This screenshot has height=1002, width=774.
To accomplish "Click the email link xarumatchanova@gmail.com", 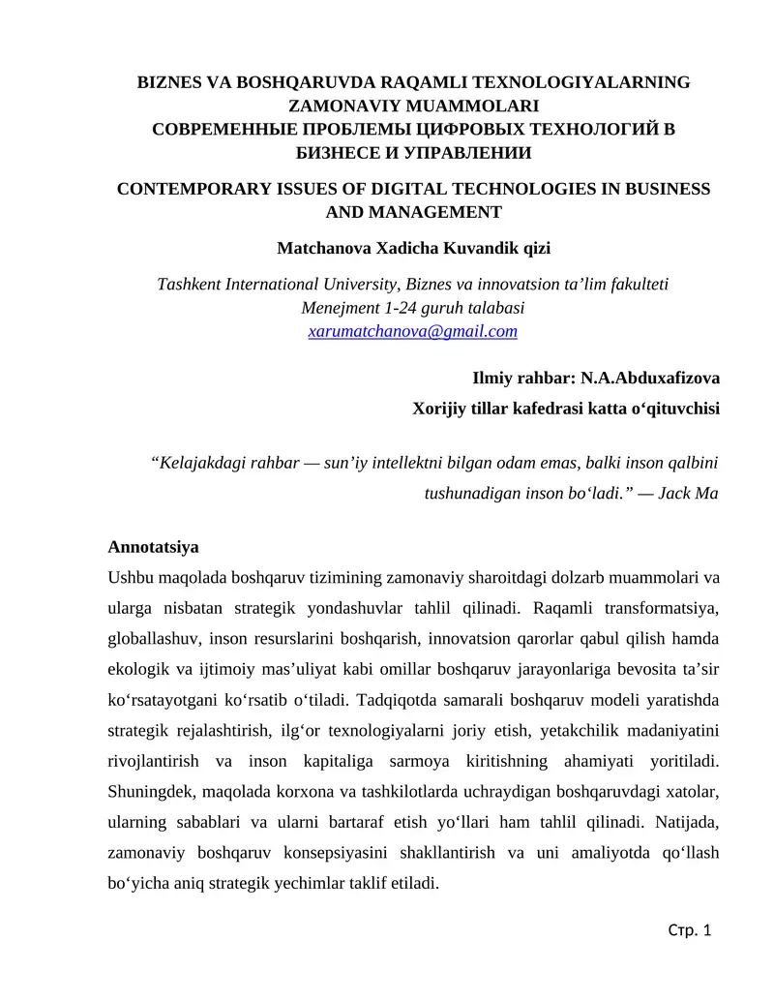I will pyautogui.click(x=412, y=331).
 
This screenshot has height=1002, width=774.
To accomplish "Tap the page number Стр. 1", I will pyautogui.click(x=690, y=930).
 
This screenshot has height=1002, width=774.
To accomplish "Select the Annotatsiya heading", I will pyautogui.click(x=153, y=547).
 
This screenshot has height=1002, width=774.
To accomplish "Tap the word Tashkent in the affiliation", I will pyautogui.click(x=190, y=284).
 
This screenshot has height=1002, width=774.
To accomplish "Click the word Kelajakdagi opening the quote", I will pyautogui.click(x=201, y=462).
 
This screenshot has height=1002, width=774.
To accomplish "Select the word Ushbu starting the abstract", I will pyautogui.click(x=130, y=578).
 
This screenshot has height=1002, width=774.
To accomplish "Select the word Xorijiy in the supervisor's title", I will pyautogui.click(x=441, y=408).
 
